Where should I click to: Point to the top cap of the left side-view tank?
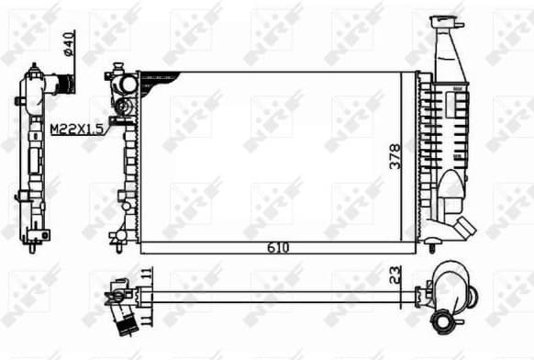pyautogui.click(x=34, y=70)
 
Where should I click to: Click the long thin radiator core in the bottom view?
pyautogui.click(x=275, y=296)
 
